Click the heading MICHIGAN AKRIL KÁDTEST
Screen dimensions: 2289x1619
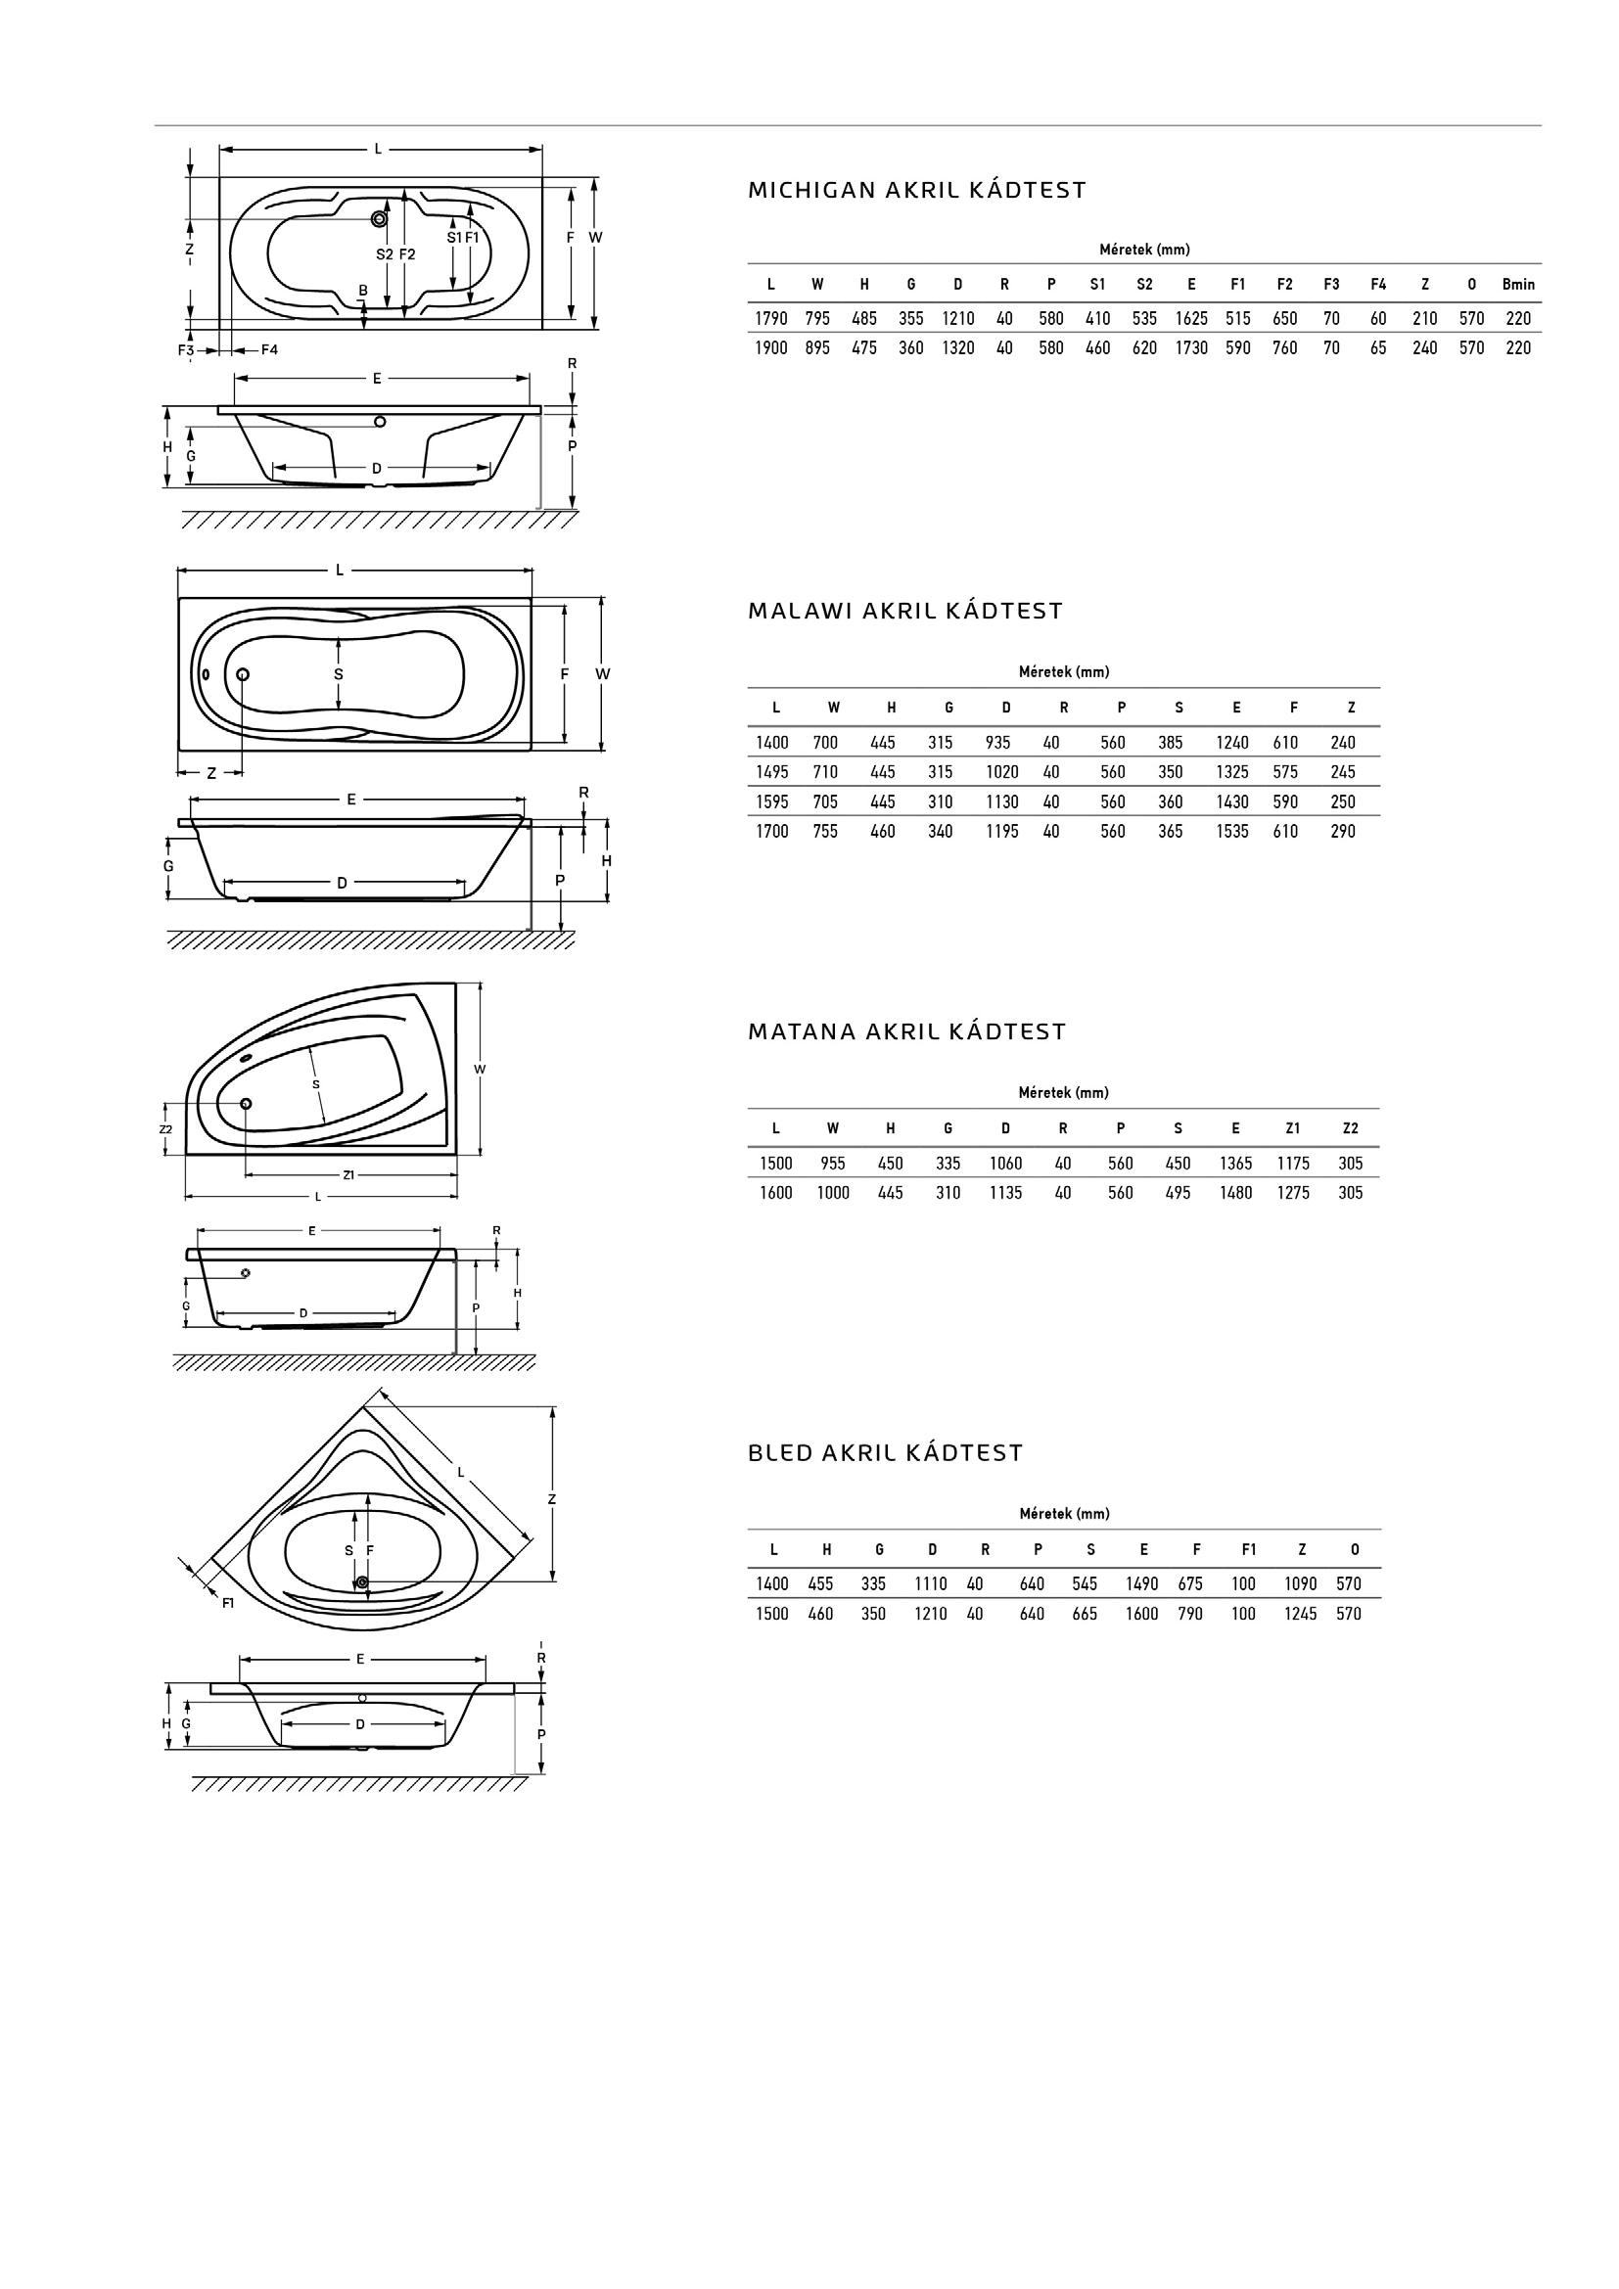pyautogui.click(x=916, y=191)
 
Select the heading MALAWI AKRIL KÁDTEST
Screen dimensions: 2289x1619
pyautogui.click(x=905, y=611)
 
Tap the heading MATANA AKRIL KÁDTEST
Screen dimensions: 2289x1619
pyautogui.click(x=906, y=1031)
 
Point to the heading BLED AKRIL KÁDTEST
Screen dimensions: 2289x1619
pyautogui.click(x=885, y=1453)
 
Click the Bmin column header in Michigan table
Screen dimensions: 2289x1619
pyautogui.click(x=1517, y=284)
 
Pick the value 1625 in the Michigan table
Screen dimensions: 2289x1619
pyautogui.click(x=1190, y=319)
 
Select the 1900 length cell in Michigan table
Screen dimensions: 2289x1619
pyautogui.click(x=770, y=348)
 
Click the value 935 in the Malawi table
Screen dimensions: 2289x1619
pyautogui.click(x=996, y=743)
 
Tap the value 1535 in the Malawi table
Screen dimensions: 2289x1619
pyautogui.click(x=1232, y=832)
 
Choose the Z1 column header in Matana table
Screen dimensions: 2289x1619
pyautogui.click(x=1292, y=1128)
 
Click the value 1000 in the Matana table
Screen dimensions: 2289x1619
pyautogui.click(x=832, y=1193)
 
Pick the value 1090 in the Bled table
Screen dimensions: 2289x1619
pyautogui.click(x=1300, y=1584)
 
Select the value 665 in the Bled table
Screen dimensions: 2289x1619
pyautogui.click(x=1084, y=1614)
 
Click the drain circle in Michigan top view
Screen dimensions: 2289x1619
pyautogui.click(x=379, y=218)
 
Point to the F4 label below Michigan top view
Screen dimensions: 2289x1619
pyautogui.click(x=269, y=350)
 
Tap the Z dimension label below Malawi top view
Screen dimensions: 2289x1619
pyautogui.click(x=211, y=774)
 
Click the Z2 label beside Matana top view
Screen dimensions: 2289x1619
pyautogui.click(x=165, y=1129)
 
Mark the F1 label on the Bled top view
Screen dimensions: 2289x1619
pyautogui.click(x=228, y=1603)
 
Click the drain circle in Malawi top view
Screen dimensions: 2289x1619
pyautogui.click(x=242, y=674)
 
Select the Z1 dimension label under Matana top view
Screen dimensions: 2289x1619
pyautogui.click(x=347, y=1175)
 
